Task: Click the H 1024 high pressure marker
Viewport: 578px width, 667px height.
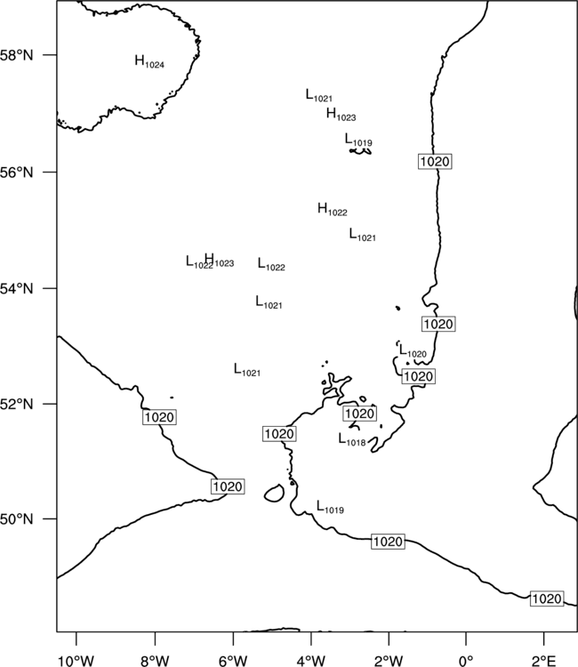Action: (x=149, y=61)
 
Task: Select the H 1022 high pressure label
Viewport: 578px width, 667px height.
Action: (x=333, y=209)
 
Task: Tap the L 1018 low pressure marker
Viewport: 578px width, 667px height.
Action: (x=352, y=439)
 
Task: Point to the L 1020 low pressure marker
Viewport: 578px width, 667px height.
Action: (x=413, y=351)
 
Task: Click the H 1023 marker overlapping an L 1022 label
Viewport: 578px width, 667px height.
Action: (x=220, y=261)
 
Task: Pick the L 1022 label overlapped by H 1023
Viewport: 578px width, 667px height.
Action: (x=199, y=262)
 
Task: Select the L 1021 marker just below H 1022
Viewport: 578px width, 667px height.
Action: (x=363, y=235)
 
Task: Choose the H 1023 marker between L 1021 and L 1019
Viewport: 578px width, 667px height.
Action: (x=341, y=114)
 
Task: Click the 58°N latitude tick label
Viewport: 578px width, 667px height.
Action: (x=17, y=55)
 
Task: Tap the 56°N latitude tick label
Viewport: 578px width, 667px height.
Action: (x=17, y=173)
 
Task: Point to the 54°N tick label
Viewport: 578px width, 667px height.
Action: (x=17, y=289)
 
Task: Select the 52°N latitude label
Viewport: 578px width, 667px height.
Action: (x=17, y=404)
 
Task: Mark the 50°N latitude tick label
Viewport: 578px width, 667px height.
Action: (x=17, y=519)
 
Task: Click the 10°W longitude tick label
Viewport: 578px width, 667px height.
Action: (x=76, y=661)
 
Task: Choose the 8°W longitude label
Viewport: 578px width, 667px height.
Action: (x=155, y=661)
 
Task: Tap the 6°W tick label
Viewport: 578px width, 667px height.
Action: (x=233, y=661)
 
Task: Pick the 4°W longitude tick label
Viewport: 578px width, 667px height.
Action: (x=311, y=661)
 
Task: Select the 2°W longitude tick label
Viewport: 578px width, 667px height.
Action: (x=389, y=661)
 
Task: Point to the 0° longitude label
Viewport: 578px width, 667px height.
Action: (x=466, y=661)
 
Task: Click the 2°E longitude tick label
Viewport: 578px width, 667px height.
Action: (x=544, y=661)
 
